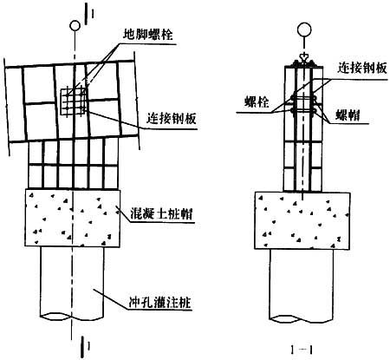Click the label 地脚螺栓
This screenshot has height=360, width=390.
148,35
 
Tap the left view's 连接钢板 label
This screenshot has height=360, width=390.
172,119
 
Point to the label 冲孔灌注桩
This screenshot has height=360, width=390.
159,303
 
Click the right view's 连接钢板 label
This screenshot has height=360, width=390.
362,69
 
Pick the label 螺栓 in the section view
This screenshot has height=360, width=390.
257,102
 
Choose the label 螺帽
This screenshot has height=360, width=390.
348,115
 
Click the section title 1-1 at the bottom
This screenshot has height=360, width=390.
302,350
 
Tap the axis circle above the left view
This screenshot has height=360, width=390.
75,25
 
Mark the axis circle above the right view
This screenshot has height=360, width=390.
304,29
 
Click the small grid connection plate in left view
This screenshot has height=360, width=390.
74,101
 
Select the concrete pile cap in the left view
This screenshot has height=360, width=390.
73,218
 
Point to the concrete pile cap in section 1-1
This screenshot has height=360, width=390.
302,220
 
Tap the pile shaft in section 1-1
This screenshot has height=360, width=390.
302,285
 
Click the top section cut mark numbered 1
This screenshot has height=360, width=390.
88,14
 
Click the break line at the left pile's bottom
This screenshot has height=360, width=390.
72,316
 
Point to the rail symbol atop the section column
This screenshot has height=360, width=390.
304,62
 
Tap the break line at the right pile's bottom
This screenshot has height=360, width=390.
302,319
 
